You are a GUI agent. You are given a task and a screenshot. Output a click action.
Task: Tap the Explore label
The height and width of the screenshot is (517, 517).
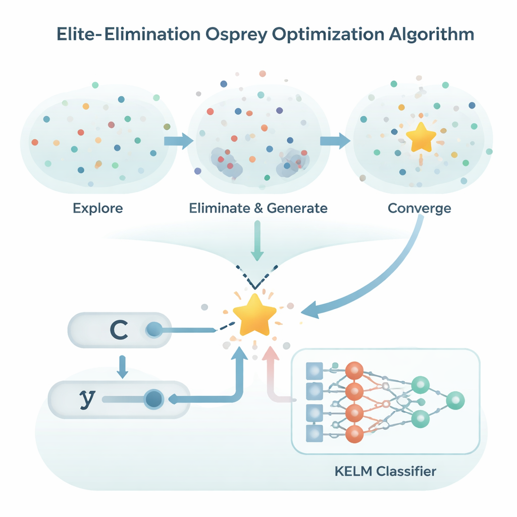click(97, 208)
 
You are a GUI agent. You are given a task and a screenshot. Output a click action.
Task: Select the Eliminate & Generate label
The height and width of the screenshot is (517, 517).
click(258, 208)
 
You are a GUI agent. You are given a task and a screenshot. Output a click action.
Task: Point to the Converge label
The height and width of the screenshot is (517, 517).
click(419, 208)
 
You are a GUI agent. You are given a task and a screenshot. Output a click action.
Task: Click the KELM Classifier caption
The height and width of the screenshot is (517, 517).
click(385, 472)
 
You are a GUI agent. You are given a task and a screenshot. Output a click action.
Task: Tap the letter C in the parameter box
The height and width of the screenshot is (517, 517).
click(119, 330)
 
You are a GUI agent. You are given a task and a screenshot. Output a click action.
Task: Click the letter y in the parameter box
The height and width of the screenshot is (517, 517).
click(87, 398)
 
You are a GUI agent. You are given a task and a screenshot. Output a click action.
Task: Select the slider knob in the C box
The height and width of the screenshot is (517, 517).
click(153, 331)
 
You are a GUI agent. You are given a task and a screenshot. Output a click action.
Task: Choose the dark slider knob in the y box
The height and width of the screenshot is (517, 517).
click(152, 399)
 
